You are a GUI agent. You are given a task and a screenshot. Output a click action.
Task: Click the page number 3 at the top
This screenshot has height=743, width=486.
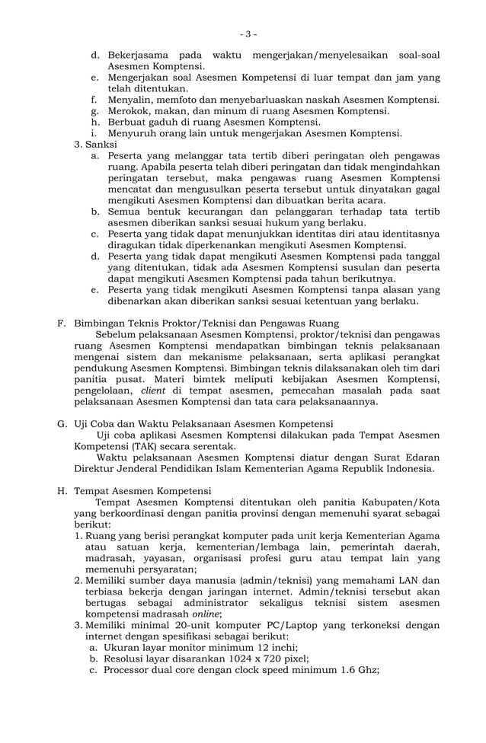[x=248, y=34]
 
